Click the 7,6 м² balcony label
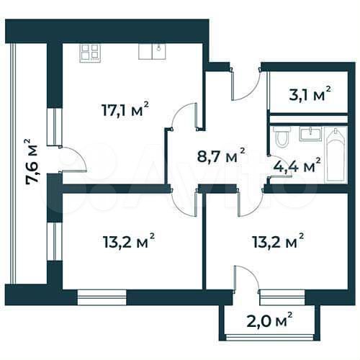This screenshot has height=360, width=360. click(31, 162)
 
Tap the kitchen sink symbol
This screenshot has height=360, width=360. click(152, 50)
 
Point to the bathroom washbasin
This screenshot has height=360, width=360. click(310, 132)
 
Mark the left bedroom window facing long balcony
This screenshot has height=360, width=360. click(51, 240)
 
